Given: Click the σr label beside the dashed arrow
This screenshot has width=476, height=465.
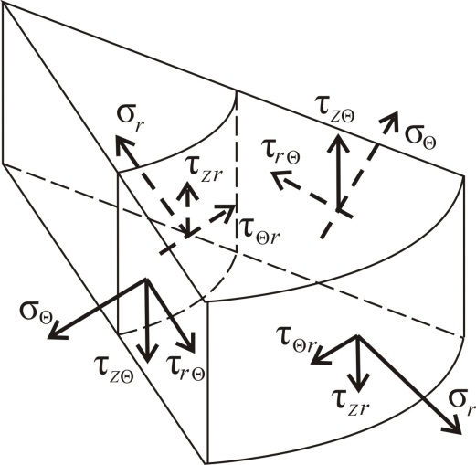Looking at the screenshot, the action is [x=130, y=121].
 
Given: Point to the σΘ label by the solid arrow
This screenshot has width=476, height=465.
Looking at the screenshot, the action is [x=37, y=312].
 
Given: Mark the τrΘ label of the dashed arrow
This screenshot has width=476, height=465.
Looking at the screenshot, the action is [x=280, y=152].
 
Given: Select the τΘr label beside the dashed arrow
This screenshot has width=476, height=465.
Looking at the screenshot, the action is [x=259, y=230].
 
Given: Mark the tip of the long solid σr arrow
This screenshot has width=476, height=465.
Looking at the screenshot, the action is [x=459, y=433].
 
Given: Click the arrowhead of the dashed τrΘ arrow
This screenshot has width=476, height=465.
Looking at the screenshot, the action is [x=273, y=174].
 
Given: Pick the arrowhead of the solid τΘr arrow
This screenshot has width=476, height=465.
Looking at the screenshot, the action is [x=311, y=362].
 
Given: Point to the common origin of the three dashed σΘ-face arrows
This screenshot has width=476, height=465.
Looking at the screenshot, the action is [x=337, y=210].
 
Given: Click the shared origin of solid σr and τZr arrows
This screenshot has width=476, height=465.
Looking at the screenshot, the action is [x=359, y=335].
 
